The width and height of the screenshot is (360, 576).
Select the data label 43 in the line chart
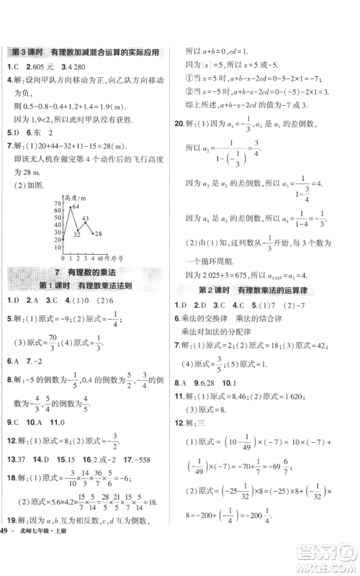(x=84, y=218)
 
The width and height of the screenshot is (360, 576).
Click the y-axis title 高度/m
(x=75, y=197)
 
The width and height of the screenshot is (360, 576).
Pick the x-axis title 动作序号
(x=112, y=257)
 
